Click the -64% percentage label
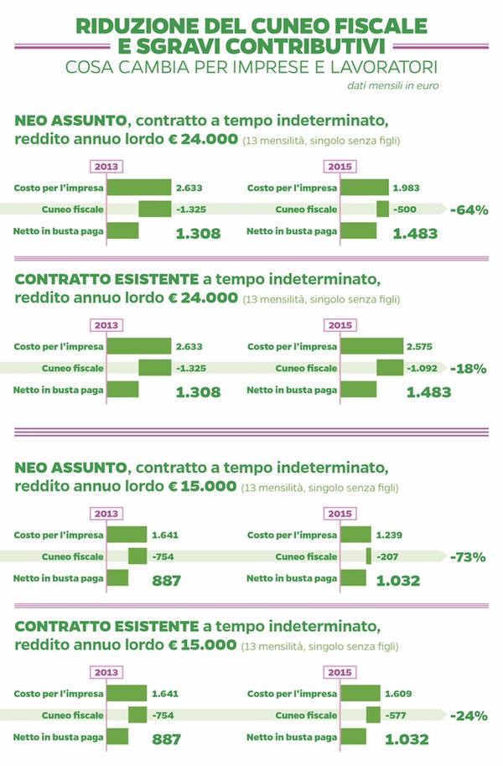click(x=469, y=210)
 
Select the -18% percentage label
click(x=469, y=369)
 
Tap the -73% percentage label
click(x=469, y=556)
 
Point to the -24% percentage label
click(x=469, y=715)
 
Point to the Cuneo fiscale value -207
click(x=388, y=556)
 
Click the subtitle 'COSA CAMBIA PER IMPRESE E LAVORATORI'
click(x=251, y=66)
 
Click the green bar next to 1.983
click(x=365, y=187)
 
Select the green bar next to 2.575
click(x=371, y=346)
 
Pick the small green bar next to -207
click(x=368, y=556)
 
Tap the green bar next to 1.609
click(x=360, y=693)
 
